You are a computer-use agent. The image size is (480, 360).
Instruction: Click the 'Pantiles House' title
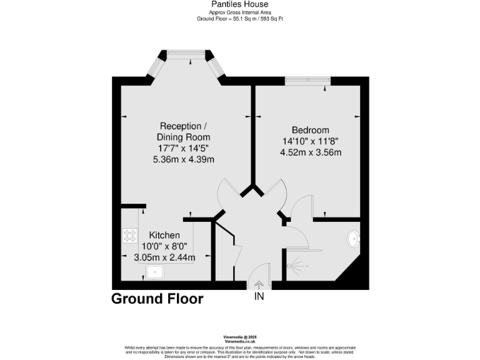coord(240,4)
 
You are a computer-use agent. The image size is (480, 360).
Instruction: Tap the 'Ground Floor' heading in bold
coord(157,299)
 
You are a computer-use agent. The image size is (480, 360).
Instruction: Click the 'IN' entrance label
coord(259,297)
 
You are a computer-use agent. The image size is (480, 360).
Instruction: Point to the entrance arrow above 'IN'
coord(259,286)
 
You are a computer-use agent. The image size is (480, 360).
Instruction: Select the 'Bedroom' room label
coord(311,130)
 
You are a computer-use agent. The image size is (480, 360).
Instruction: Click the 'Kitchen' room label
coord(164,235)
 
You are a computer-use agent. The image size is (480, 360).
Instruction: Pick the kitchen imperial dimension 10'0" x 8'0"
coord(164,246)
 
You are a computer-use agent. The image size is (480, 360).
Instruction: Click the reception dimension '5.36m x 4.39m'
coord(184,159)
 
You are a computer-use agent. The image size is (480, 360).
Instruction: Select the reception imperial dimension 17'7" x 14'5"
coord(184,148)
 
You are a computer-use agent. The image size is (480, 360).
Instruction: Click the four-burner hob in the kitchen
coord(130,236)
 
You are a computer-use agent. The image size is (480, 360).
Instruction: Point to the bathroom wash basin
coord(353,239)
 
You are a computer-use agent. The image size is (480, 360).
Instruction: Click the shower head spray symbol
coord(297,266)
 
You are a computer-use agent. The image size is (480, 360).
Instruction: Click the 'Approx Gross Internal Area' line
coord(240,12)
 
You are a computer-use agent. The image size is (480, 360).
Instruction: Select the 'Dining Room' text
coord(184,137)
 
